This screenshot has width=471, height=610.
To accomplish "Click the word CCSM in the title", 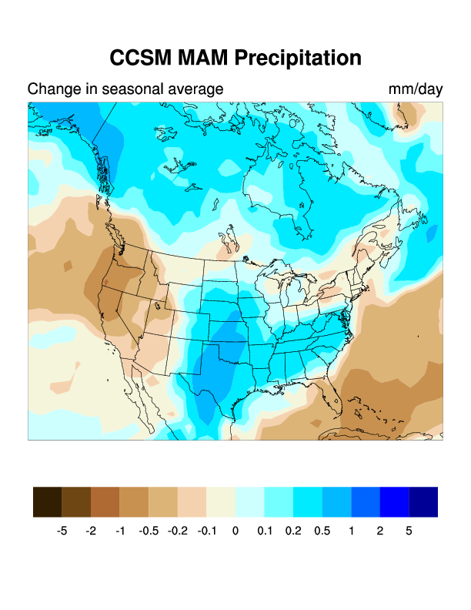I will pyautogui.click(x=139, y=59).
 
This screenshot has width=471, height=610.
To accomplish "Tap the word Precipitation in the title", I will pyautogui.click(x=298, y=59).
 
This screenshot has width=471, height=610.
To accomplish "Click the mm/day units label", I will pyautogui.click(x=416, y=89).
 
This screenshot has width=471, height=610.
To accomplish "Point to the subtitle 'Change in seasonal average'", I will pyautogui.click(x=125, y=89).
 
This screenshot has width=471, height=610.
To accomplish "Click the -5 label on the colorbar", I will pyautogui.click(x=62, y=531).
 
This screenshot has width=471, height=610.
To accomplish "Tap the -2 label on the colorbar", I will pyautogui.click(x=91, y=531).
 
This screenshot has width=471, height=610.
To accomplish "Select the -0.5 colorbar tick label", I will pyautogui.click(x=149, y=531).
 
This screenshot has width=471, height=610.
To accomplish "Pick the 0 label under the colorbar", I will pyautogui.click(x=235, y=531).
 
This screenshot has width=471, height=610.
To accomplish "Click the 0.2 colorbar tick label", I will pyautogui.click(x=293, y=531).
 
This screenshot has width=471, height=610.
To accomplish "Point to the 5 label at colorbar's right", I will pyautogui.click(x=409, y=531).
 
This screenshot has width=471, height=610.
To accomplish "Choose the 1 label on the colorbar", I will pyautogui.click(x=351, y=531).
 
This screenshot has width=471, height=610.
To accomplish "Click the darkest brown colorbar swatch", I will pyautogui.click(x=48, y=501).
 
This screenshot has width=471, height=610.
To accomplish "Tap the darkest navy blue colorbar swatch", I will pyautogui.click(x=423, y=501).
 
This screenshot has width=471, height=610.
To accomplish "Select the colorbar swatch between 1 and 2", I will pyautogui.click(x=366, y=501).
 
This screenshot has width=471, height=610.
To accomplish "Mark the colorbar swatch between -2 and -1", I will pyautogui.click(x=105, y=501).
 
